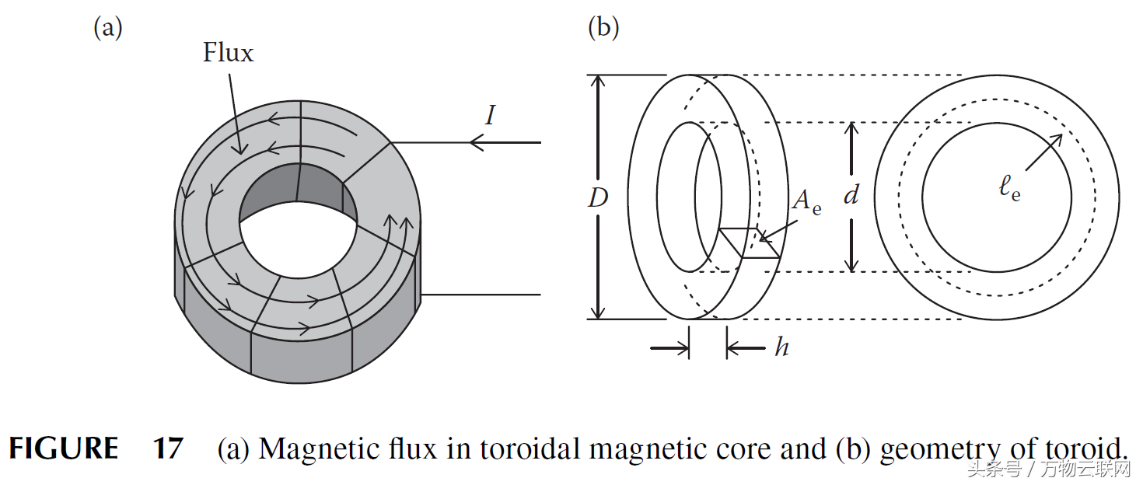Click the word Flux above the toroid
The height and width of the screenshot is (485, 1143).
click(228, 53)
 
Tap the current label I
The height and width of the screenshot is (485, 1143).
click(490, 116)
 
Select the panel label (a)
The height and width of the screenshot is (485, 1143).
click(108, 28)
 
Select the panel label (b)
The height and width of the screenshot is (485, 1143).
click(603, 28)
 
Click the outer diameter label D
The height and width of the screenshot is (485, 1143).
click(597, 199)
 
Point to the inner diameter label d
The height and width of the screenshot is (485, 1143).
click(851, 196)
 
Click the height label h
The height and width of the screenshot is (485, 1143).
click(781, 347)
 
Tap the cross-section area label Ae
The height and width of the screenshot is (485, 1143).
click(806, 202)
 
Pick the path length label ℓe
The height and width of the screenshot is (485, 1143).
click(1010, 189)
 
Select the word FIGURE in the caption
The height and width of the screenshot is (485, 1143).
click(64, 449)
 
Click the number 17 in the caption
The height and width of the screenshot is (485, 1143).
click(168, 449)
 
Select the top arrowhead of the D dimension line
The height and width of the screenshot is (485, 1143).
click(598, 82)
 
